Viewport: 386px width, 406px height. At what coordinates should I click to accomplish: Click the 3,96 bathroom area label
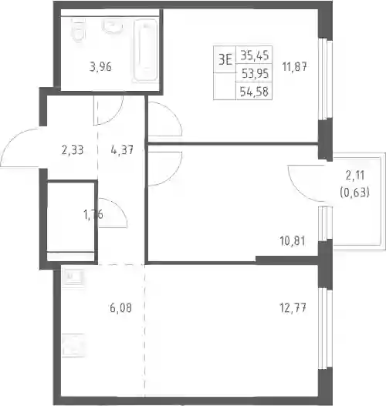click(x=100, y=67)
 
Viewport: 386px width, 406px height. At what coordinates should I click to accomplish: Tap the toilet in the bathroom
click(x=78, y=30)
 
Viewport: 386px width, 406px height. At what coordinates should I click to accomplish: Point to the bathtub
click(x=146, y=50)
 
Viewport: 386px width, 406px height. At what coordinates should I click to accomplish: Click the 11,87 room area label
click(x=294, y=67)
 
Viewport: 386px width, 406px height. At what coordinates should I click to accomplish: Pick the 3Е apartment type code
click(x=225, y=60)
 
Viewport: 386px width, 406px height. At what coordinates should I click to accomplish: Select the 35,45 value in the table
click(x=255, y=55)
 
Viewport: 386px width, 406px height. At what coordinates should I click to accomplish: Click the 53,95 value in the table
click(x=255, y=74)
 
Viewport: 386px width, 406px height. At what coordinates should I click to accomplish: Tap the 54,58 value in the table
click(x=254, y=92)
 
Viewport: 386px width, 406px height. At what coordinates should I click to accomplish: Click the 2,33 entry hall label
click(x=73, y=150)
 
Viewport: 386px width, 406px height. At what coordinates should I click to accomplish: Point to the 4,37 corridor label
click(x=122, y=149)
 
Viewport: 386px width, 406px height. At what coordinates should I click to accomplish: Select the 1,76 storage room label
click(x=93, y=214)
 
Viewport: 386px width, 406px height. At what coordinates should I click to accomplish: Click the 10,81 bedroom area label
click(x=293, y=241)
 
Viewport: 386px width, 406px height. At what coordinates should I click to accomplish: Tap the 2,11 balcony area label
click(x=355, y=176)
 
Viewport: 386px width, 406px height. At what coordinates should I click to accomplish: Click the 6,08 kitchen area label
click(x=120, y=308)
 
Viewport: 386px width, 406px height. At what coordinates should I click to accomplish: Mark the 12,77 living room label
click(x=293, y=308)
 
